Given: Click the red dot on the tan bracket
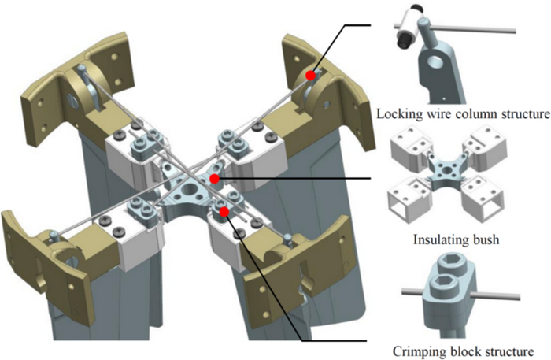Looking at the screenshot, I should tap(311, 76).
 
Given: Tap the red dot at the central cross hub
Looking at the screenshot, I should tap(214, 180).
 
